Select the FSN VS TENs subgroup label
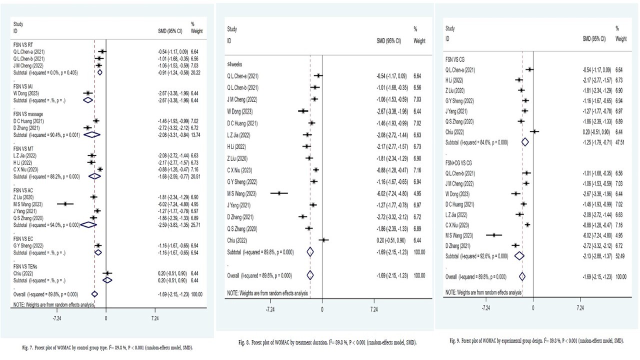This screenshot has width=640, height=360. [x=28, y=267]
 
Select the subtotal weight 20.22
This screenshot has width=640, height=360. [x=195, y=72]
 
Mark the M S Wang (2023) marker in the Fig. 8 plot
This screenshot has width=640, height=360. [x=279, y=192]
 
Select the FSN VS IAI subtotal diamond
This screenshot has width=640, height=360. [x=87, y=99]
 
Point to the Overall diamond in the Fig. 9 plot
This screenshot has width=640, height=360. [x=522, y=276]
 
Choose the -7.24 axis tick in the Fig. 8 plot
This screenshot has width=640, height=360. [x=270, y=310]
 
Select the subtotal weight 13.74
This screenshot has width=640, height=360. [x=195, y=134]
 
